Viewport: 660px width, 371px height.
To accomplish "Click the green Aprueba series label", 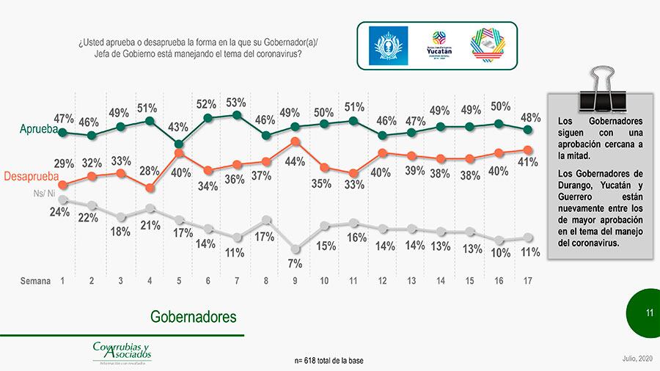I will (x=39, y=130).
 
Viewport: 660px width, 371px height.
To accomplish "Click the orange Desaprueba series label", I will (x=31, y=177).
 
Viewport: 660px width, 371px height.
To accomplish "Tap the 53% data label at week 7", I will (x=235, y=103).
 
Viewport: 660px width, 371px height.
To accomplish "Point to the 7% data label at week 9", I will (x=294, y=263).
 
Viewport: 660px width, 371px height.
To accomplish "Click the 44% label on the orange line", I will (x=294, y=161).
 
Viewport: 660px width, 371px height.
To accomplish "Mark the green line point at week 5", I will (x=178, y=144).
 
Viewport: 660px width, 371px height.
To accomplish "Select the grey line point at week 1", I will (x=63, y=199).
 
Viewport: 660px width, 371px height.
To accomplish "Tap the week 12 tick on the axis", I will (x=381, y=281).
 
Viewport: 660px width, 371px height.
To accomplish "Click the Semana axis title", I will (x=35, y=281).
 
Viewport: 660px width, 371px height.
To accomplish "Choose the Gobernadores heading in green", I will (x=194, y=317).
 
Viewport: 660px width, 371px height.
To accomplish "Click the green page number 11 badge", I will (x=648, y=313).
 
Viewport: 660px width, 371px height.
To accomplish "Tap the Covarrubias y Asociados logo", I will (x=122, y=352).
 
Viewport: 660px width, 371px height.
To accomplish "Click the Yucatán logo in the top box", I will (x=440, y=45).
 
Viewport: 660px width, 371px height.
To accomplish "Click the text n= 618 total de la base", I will (x=329, y=361).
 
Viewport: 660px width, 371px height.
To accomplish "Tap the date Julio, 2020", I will (x=635, y=357).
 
